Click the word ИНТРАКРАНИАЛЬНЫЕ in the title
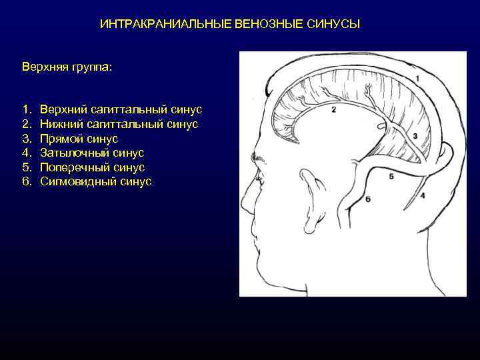click(x=165, y=25)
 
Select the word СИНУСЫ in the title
click(x=333, y=25)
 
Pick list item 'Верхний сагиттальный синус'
click(x=120, y=109)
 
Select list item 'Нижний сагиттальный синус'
click(x=119, y=123)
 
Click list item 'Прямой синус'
click(x=79, y=138)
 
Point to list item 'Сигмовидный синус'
click(x=95, y=181)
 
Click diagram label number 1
click(x=417, y=79)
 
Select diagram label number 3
click(x=415, y=136)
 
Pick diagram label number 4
click(x=423, y=195)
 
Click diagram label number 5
click(x=391, y=176)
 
